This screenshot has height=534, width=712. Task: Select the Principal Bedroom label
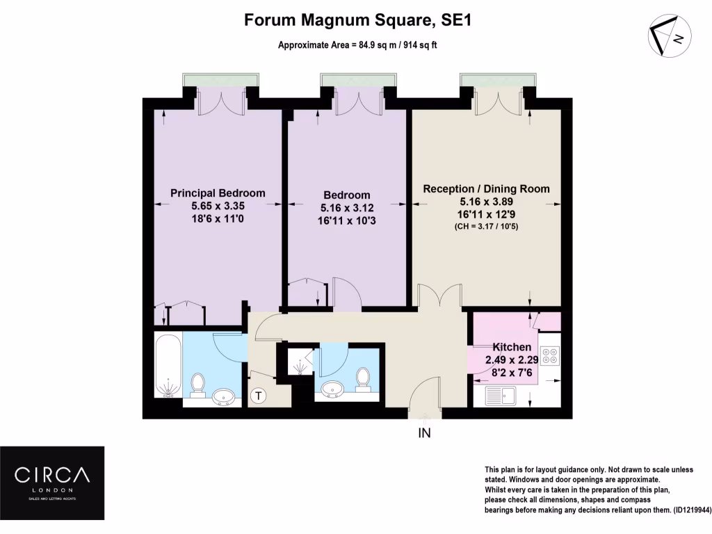[218, 193]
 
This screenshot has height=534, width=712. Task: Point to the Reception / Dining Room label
[486, 188]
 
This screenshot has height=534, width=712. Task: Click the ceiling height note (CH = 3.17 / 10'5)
[486, 226]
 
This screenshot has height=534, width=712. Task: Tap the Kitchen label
[512, 347]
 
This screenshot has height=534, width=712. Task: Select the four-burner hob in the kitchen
[550, 355]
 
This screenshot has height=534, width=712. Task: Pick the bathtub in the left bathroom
[167, 366]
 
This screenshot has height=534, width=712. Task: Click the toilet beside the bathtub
[197, 383]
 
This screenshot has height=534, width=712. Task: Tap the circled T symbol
[259, 396]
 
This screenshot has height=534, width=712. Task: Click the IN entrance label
[424, 434]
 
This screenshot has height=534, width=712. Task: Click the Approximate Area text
[357, 45]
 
